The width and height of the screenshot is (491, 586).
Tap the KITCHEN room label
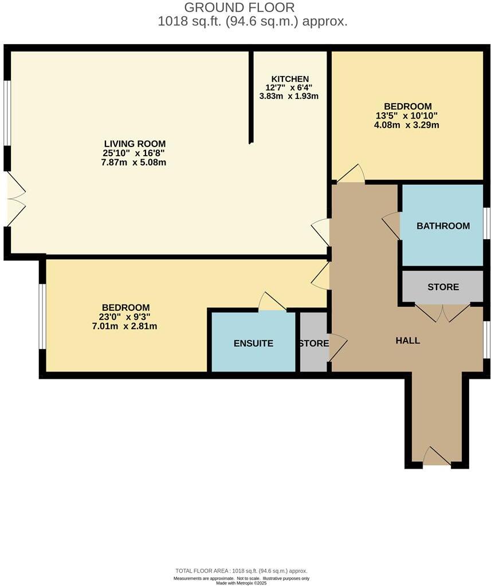coord(290,79)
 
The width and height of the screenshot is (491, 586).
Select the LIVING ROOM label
coord(135,144)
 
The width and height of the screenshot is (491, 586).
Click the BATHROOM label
coord(443,226)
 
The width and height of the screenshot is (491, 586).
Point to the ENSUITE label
coord(253,343)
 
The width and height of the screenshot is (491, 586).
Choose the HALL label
coord(408,340)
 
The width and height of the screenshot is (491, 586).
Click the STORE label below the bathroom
coord(443,287)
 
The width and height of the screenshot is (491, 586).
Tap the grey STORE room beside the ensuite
coord(313,343)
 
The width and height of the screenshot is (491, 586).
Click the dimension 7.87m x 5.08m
coord(135,163)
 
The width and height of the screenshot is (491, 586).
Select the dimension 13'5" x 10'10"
coord(407,116)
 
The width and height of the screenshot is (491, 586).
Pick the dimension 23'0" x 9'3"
coord(126,317)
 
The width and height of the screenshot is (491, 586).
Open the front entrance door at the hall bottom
coord(437,457)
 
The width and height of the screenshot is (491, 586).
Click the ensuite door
coord(272,302)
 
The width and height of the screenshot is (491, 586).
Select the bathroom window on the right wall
coord(486,223)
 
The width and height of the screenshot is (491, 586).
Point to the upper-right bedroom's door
coord(351,174)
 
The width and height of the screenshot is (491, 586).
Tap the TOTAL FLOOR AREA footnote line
coord(241,571)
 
